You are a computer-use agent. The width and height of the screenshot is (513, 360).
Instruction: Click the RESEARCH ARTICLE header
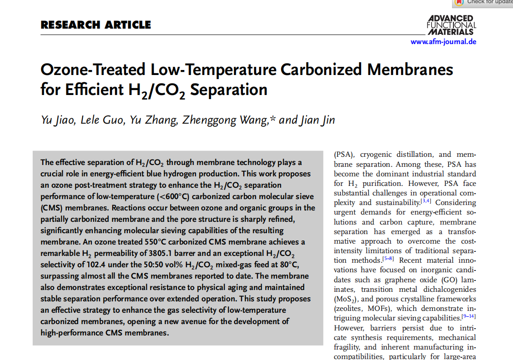pyautogui.click(x=96, y=25)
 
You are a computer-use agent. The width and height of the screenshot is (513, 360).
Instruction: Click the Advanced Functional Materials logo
pyautogui.click(x=451, y=25)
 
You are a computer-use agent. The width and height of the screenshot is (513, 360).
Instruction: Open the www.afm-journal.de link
pyautogui.click(x=443, y=42)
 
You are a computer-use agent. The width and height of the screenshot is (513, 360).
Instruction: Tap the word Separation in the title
pyautogui.click(x=228, y=90)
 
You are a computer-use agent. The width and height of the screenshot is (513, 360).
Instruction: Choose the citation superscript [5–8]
pyautogui.click(x=388, y=259)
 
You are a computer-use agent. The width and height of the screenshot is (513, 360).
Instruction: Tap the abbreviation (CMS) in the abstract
pyautogui.click(x=52, y=219)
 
